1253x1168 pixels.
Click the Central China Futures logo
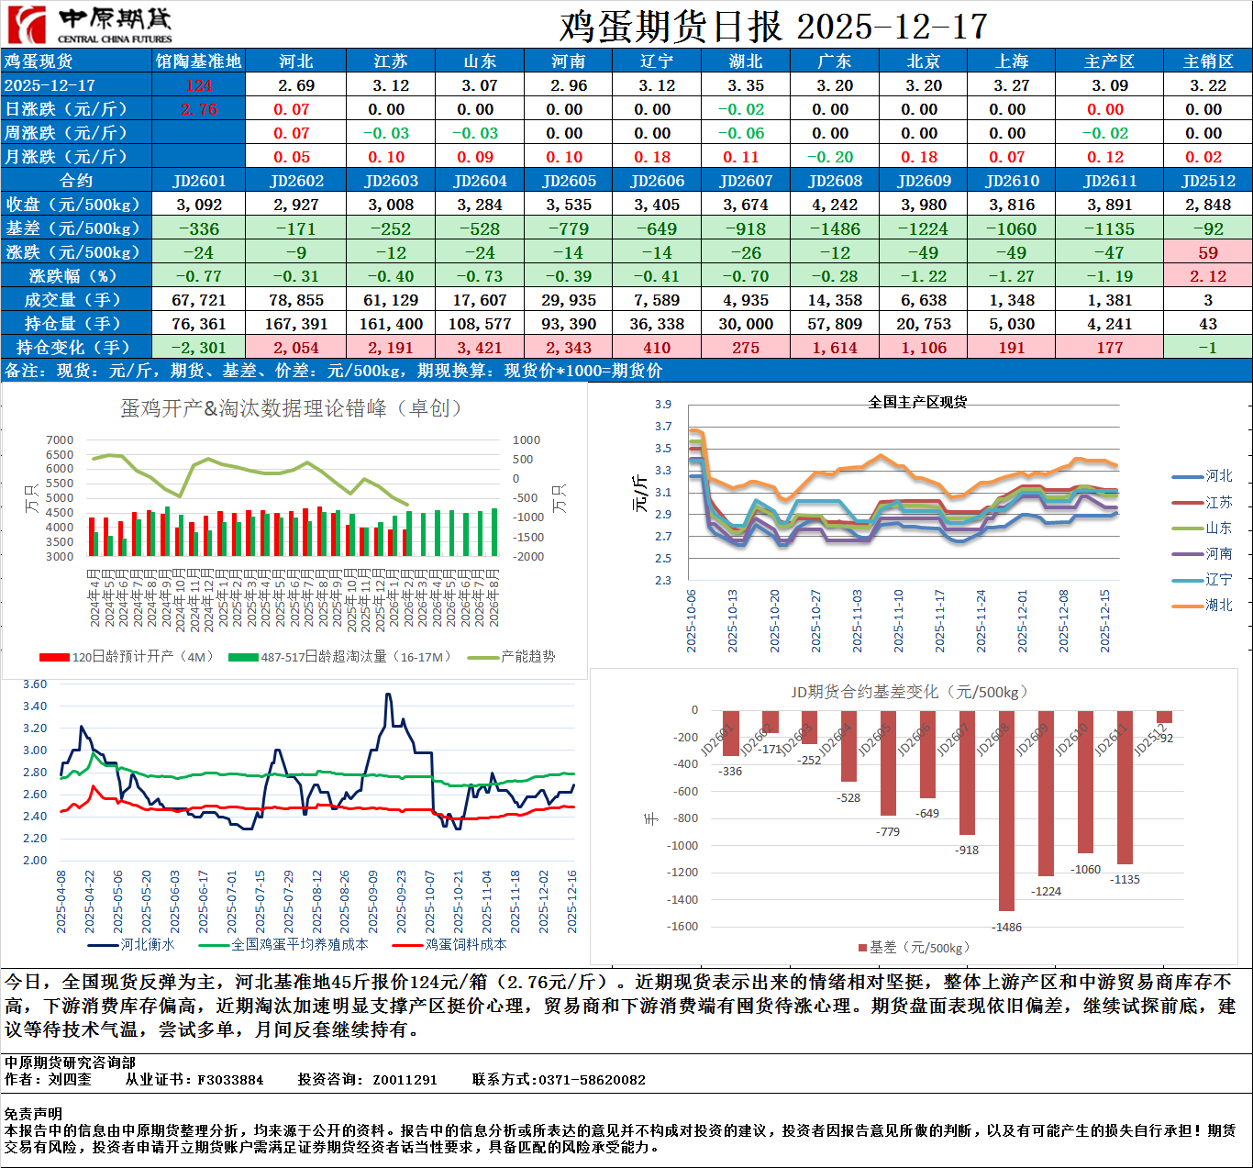click(x=88, y=25)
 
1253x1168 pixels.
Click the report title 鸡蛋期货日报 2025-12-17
click(x=772, y=27)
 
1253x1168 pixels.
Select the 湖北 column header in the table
click(x=746, y=61)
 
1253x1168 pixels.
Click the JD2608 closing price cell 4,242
click(x=835, y=205)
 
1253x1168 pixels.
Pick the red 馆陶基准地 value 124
click(x=199, y=85)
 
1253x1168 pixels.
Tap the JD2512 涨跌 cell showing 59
click(x=1207, y=252)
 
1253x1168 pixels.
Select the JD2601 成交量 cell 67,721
click(x=199, y=300)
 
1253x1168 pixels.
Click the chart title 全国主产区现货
click(x=917, y=402)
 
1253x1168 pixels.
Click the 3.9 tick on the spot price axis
click(x=663, y=405)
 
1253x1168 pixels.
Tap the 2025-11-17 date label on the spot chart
click(x=939, y=621)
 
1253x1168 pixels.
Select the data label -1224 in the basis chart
click(x=1046, y=891)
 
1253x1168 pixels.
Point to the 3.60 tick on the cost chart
click(x=35, y=684)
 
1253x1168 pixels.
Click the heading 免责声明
click(x=33, y=1114)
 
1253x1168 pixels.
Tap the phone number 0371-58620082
click(x=592, y=1080)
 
